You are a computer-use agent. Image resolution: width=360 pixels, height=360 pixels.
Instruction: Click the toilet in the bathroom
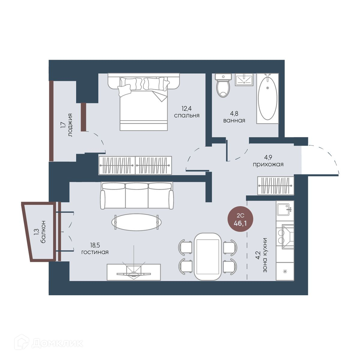point(223,85)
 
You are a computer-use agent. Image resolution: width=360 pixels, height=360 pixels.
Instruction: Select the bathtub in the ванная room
point(267,98)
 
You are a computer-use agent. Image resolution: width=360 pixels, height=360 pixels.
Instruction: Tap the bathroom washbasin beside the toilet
point(244,80)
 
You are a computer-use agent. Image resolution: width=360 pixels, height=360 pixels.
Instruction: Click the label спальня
point(187,115)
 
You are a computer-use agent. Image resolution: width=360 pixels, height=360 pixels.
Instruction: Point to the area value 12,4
point(186,108)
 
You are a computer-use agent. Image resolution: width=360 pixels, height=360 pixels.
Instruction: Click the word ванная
point(234,121)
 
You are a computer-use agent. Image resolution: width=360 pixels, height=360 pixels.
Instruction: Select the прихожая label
point(268,164)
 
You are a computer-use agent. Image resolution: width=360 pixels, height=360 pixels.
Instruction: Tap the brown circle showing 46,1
point(240,219)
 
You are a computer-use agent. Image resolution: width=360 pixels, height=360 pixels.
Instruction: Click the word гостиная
point(95,252)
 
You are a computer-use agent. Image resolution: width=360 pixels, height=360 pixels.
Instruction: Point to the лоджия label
point(70,125)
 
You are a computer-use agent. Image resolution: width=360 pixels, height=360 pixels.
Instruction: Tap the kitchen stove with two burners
point(285,236)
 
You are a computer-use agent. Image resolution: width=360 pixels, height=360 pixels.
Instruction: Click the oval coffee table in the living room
point(136,222)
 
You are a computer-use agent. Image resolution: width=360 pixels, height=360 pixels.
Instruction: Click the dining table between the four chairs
point(208,256)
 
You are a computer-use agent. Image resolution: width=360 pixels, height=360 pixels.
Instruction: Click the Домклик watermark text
point(58,343)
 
